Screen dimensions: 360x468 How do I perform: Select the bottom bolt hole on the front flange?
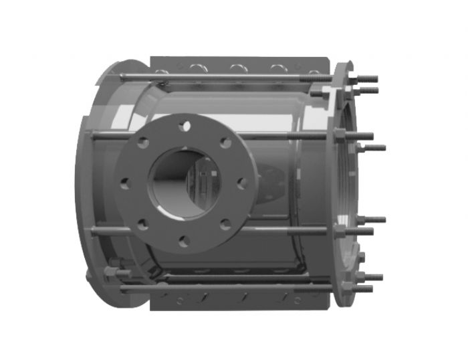[x=183, y=241]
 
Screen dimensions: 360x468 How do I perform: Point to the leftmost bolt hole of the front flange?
[x=124, y=183]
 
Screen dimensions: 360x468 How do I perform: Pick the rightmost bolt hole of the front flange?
[x=242, y=182]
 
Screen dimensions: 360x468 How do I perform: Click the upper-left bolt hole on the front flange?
[x=142, y=142]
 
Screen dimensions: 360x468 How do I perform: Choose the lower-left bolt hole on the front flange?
[x=142, y=224]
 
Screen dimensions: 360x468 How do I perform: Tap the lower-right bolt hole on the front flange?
[x=225, y=224]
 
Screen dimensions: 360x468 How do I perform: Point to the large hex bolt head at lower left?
[x=112, y=272]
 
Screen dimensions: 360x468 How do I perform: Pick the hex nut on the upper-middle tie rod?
[x=338, y=137]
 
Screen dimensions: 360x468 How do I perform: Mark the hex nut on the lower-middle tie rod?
[x=340, y=230]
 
